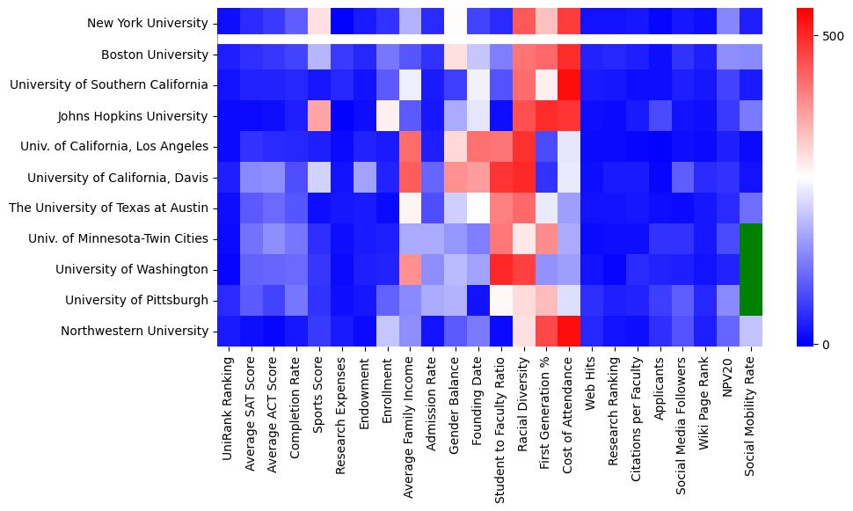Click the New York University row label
click(149, 24)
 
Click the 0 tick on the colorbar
click(826, 344)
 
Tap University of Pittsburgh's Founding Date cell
click(478, 301)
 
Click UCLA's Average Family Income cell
click(410, 147)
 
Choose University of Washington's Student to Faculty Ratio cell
click(500, 270)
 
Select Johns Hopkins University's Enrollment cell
click(387, 116)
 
